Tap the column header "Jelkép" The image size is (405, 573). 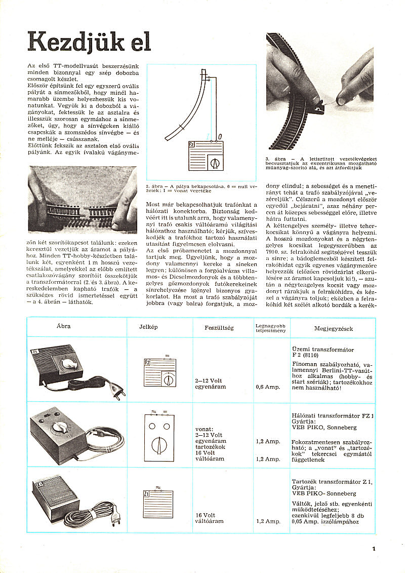[148, 327]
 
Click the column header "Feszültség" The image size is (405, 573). [219, 328]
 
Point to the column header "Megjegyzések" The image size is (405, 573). [333, 328]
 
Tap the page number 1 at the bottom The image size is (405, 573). [373, 548]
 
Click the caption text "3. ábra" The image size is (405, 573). [275, 159]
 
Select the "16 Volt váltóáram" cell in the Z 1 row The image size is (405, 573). [210, 518]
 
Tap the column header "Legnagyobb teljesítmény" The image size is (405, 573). [271, 328]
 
